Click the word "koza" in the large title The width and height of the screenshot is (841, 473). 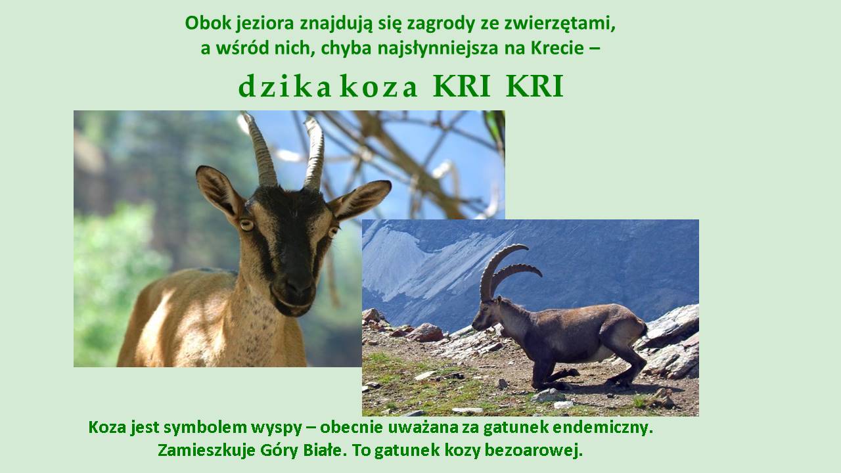pos(379,87)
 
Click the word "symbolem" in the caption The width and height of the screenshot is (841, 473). pos(200,428)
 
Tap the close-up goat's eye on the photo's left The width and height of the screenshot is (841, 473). pos(246,225)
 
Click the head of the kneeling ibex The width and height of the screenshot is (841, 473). pos(488,315)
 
